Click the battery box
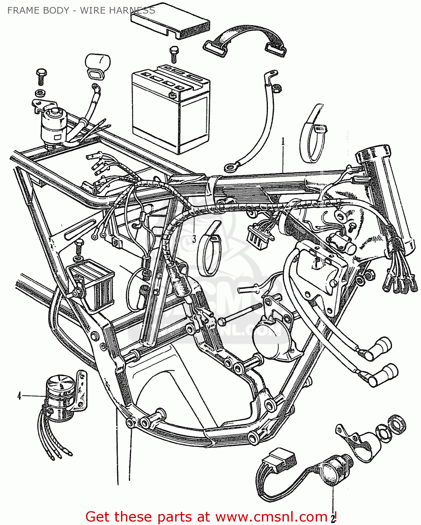click(x=170, y=109)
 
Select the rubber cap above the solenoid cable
click(x=97, y=63)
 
